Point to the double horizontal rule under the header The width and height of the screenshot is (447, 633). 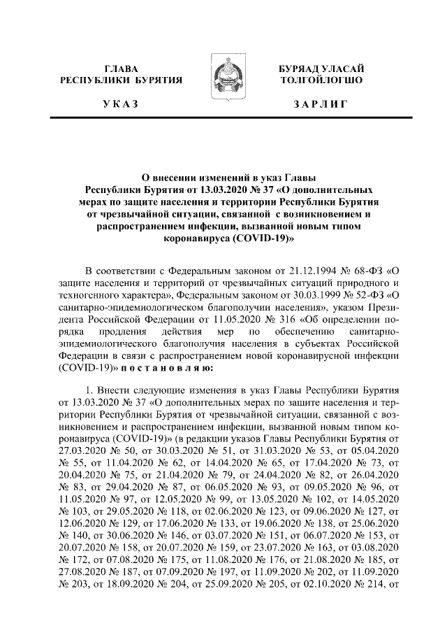point(223,120)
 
